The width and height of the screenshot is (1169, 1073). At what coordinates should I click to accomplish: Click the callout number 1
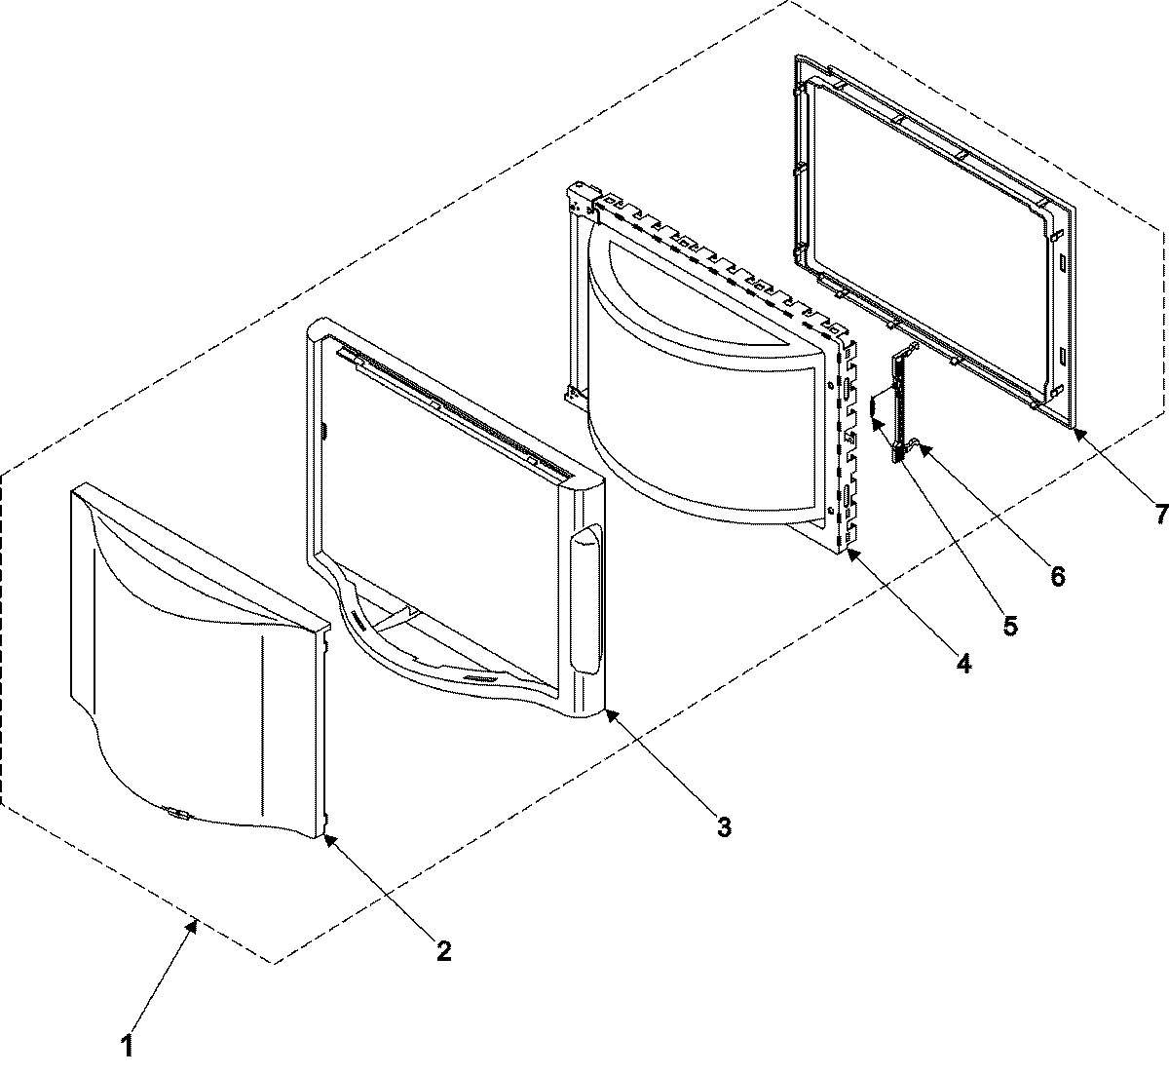[x=127, y=1047]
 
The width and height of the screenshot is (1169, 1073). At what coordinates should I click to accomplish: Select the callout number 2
[x=443, y=950]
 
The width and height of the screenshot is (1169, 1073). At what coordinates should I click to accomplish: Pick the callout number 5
[x=1010, y=625]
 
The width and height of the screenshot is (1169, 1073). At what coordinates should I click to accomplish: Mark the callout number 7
[x=1159, y=513]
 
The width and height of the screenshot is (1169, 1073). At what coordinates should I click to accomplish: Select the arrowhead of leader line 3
[x=607, y=713]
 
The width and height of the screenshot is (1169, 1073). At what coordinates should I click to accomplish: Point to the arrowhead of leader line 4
[x=848, y=552]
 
